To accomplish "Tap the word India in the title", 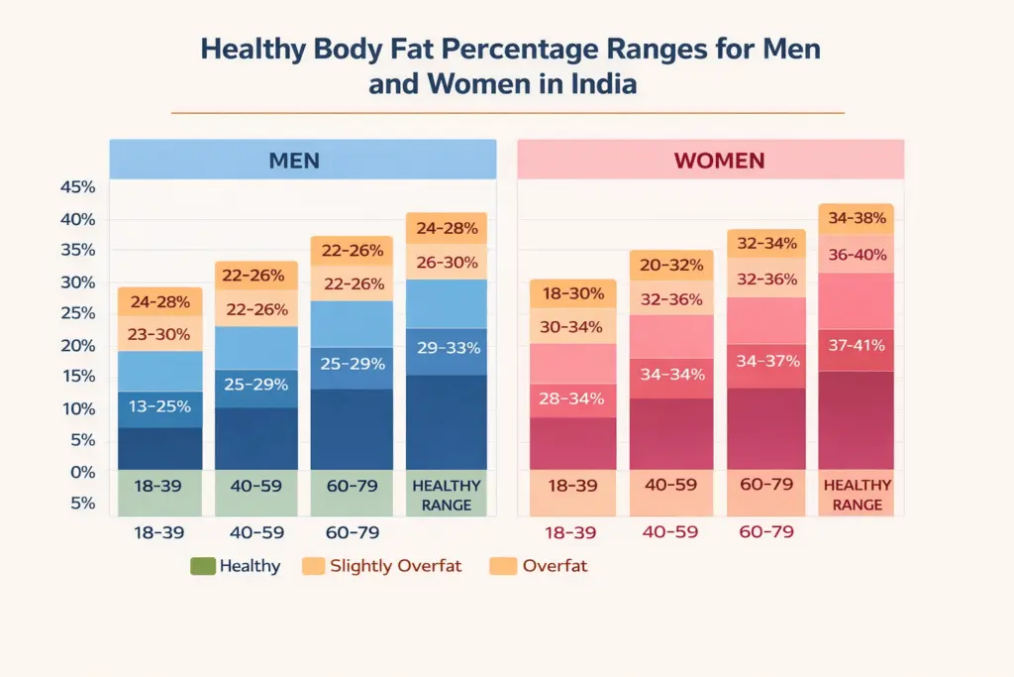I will click(604, 84).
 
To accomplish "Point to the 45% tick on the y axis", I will click(77, 187).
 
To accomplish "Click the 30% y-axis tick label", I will click(77, 282).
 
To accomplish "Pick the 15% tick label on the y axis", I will click(77, 377).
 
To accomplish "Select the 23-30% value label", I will click(159, 334).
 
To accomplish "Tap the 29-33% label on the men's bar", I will click(448, 348).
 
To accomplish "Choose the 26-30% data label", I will click(448, 263).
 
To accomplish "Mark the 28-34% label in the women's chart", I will click(571, 399).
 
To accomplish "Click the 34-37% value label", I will click(767, 361).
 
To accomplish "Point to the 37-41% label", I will click(857, 346).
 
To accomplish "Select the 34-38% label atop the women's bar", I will click(857, 219).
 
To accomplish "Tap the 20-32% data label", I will click(670, 265).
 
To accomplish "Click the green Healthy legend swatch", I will click(201, 567).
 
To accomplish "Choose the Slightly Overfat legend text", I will click(396, 567).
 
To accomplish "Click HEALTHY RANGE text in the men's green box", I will click(447, 496).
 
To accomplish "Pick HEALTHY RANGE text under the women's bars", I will click(857, 496).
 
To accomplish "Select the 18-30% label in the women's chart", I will click(571, 293).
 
